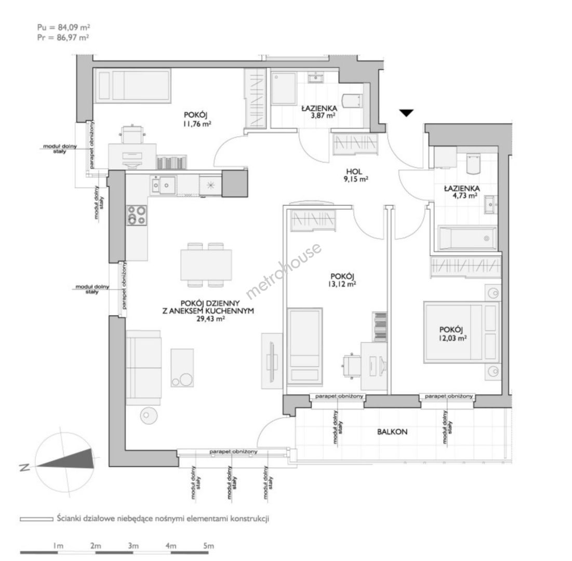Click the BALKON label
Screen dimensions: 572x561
[392, 432]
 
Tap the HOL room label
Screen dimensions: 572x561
[354, 171]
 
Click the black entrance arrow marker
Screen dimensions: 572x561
[406, 113]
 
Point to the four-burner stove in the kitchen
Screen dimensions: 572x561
[137, 215]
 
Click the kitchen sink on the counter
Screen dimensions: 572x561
[163, 184]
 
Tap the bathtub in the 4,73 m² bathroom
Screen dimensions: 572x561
[467, 238]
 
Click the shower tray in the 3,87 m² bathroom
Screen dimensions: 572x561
[284, 89]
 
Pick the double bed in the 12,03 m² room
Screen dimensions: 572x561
[461, 332]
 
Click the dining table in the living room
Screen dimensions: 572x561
[206, 264]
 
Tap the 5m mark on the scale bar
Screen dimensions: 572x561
[208, 546]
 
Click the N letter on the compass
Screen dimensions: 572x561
[24, 468]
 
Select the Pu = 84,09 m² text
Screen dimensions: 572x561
[64, 27]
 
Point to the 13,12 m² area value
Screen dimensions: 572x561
[342, 284]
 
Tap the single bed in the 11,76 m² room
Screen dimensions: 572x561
[133, 86]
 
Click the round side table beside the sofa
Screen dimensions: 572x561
[149, 415]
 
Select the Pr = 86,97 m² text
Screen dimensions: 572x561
[63, 37]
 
